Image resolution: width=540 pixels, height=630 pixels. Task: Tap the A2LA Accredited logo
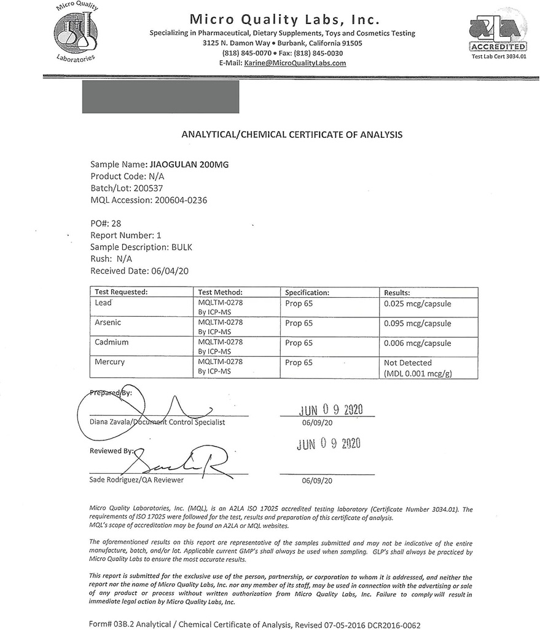point(498,36)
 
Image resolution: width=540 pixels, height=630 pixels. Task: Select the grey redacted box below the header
point(160,97)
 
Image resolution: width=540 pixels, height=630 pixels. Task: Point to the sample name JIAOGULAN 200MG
point(189,165)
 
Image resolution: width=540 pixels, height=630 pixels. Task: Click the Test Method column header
point(220,293)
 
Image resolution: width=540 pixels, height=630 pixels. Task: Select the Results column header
point(397,293)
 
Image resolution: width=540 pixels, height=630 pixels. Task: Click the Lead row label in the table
point(103,303)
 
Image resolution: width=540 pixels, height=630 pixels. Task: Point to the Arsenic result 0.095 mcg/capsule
point(417,323)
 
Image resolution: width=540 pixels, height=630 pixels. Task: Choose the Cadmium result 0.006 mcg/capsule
point(417,343)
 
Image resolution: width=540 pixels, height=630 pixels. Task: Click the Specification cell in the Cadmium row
point(299,343)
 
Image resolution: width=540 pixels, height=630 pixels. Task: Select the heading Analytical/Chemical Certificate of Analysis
point(292,134)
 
